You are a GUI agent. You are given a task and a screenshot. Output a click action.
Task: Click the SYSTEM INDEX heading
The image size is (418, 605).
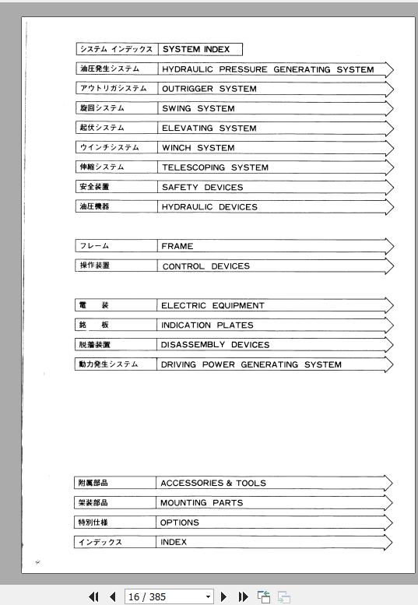click(196, 49)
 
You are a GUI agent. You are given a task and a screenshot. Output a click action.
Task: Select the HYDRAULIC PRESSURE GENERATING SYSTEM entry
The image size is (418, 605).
click(268, 69)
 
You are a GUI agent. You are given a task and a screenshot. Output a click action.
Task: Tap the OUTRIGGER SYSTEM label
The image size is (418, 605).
click(209, 89)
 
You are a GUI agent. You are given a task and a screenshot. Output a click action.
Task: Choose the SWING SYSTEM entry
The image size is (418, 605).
click(198, 108)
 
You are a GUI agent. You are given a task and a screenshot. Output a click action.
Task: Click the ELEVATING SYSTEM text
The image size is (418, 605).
click(209, 128)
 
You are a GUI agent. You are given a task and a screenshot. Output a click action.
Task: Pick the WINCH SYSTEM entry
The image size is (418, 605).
click(198, 147)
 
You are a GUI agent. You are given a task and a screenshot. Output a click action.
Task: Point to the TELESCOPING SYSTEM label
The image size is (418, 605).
click(215, 167)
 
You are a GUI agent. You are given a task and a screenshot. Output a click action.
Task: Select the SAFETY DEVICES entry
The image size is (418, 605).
click(202, 187)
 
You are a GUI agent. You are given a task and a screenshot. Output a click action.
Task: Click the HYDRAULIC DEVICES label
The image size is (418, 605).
click(209, 207)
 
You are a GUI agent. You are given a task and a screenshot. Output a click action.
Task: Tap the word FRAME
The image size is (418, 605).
click(177, 246)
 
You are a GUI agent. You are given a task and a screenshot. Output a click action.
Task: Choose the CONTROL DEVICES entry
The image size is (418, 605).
click(206, 266)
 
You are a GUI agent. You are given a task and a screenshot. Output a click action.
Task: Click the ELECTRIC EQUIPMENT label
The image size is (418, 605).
click(213, 305)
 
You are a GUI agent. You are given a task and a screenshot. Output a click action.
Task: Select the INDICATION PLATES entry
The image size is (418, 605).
click(207, 325)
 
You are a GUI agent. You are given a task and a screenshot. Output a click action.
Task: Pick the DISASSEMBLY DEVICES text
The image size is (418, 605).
click(215, 344)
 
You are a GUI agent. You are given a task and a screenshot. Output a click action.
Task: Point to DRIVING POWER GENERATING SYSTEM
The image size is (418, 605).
click(251, 364)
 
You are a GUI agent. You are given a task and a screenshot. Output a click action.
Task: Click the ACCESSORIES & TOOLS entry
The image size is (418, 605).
click(213, 483)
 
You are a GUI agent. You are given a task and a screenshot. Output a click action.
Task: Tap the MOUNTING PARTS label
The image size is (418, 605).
click(202, 503)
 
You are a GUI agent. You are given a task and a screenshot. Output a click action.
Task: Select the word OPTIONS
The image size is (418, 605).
click(180, 522)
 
